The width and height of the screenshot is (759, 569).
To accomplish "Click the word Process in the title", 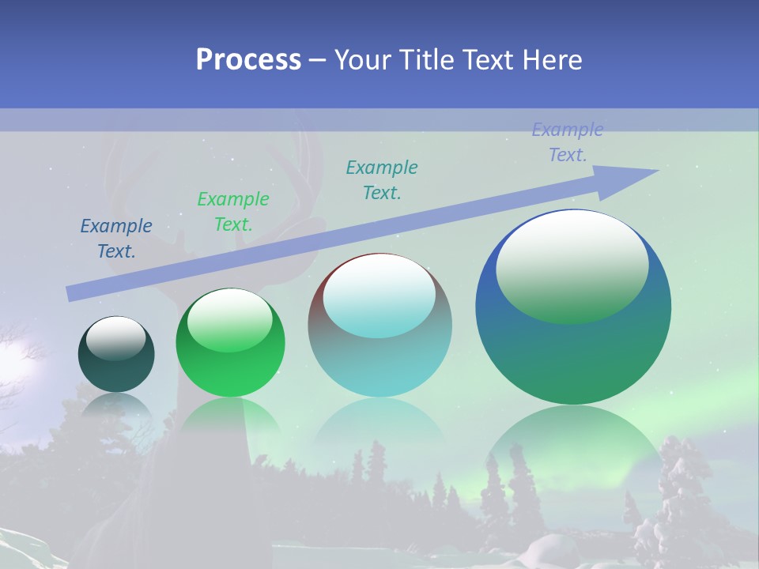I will click(x=248, y=59).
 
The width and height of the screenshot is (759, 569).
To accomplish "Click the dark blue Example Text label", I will click(x=116, y=239).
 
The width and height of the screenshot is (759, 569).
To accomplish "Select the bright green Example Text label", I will click(x=233, y=212).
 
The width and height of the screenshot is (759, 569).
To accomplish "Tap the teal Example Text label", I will click(x=382, y=180).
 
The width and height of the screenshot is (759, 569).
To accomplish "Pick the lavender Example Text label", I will click(x=568, y=142).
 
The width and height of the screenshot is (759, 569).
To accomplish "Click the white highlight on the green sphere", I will click(x=230, y=316).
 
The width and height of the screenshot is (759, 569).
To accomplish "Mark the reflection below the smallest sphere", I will click(x=116, y=407).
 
